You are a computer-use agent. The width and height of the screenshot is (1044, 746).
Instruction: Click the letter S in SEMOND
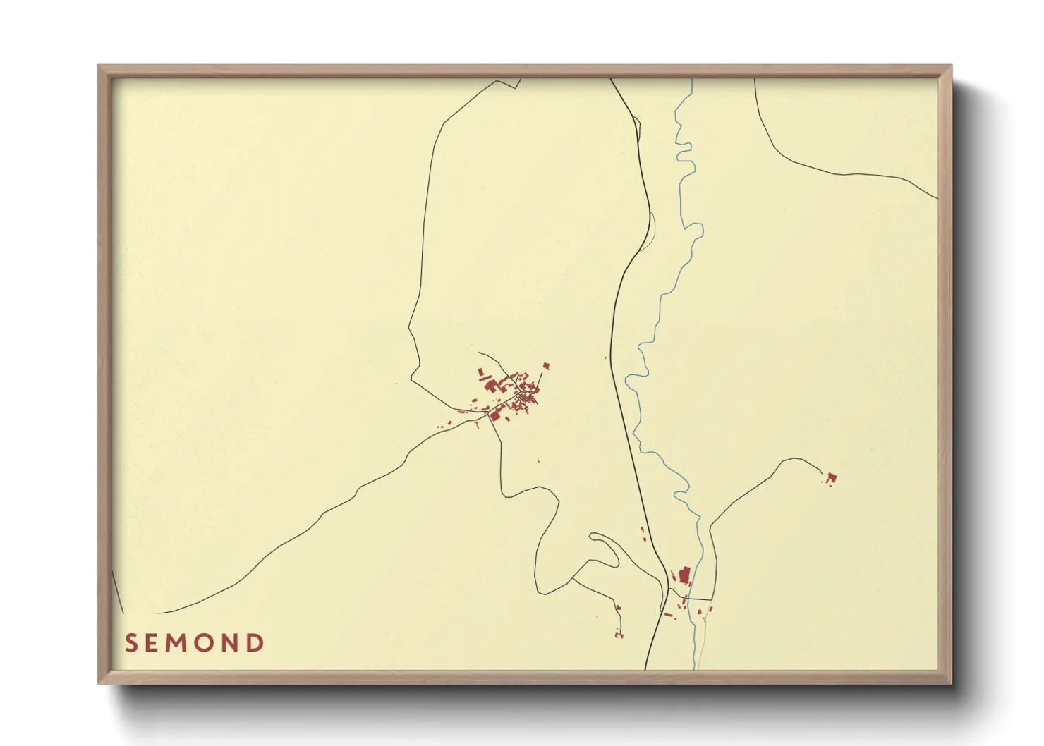(130, 643)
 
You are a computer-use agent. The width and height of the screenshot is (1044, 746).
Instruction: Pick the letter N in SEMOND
(233, 643)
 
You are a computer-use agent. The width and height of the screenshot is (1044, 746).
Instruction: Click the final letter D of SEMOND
(256, 643)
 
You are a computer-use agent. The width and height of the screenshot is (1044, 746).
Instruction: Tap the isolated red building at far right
(832, 479)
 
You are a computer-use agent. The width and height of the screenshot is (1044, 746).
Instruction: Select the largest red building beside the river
(684, 574)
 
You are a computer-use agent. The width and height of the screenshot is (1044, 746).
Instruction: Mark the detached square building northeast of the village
(546, 366)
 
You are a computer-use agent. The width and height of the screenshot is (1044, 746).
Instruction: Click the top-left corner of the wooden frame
(99, 67)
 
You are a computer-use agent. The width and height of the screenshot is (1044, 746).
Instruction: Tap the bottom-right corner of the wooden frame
(950, 682)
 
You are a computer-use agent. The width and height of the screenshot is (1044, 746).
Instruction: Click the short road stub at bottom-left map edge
(118, 592)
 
